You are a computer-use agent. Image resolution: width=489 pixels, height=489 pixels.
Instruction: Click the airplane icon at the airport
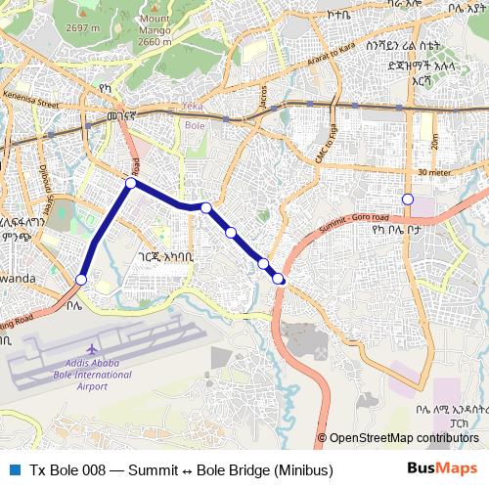(x=92, y=349)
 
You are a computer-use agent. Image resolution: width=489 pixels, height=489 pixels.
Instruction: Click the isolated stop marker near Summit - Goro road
(x=408, y=200)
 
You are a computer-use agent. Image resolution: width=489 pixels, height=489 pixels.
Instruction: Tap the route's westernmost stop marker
(x=81, y=280)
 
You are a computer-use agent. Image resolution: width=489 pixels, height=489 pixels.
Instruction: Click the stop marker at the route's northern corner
(x=131, y=182)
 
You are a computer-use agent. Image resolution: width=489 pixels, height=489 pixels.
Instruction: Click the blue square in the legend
(x=14, y=470)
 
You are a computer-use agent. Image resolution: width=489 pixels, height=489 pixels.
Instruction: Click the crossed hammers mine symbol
(x=324, y=350)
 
